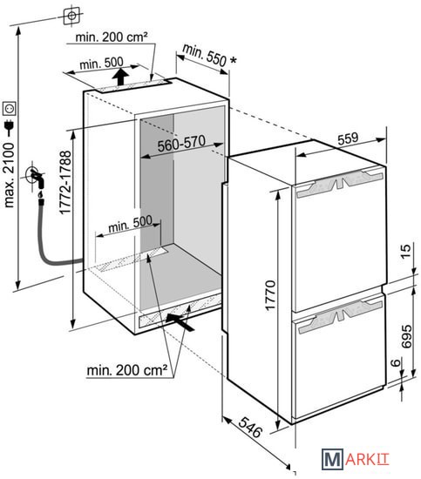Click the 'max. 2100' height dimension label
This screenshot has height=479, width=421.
coord(9,175)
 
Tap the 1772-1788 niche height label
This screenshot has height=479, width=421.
coord(65,182)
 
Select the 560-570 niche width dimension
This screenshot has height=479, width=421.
coord(181,143)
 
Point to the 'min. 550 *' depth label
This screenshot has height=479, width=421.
coord(209,55)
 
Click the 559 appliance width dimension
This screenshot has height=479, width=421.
coord(348,138)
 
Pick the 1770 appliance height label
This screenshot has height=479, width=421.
coord(270,295)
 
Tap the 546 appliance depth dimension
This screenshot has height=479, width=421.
coord(250,427)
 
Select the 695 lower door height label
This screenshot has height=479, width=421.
coord(406,336)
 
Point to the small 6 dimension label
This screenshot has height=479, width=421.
coord(396,362)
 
